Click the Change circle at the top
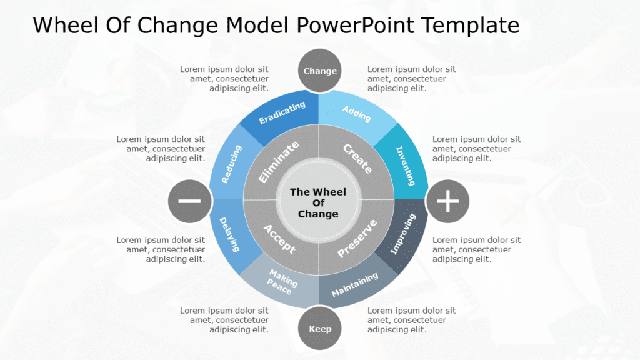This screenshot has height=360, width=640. tap(320, 71)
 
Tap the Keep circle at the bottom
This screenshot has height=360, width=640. tap(320, 329)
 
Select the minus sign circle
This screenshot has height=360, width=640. tap(189, 201)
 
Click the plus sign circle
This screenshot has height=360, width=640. tap(447, 201)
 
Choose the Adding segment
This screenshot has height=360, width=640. tap(357, 113)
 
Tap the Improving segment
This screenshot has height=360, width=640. tap(403, 235)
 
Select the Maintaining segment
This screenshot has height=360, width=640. tap(355, 284)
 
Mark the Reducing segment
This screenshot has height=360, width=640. tap(231, 164)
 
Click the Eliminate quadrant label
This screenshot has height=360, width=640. tap(279, 162)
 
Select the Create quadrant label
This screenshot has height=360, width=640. tap(358, 159)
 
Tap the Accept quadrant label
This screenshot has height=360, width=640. tap(279, 238)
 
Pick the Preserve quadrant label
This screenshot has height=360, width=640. tap(357, 238)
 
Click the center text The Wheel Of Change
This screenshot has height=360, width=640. tap(318, 202)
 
